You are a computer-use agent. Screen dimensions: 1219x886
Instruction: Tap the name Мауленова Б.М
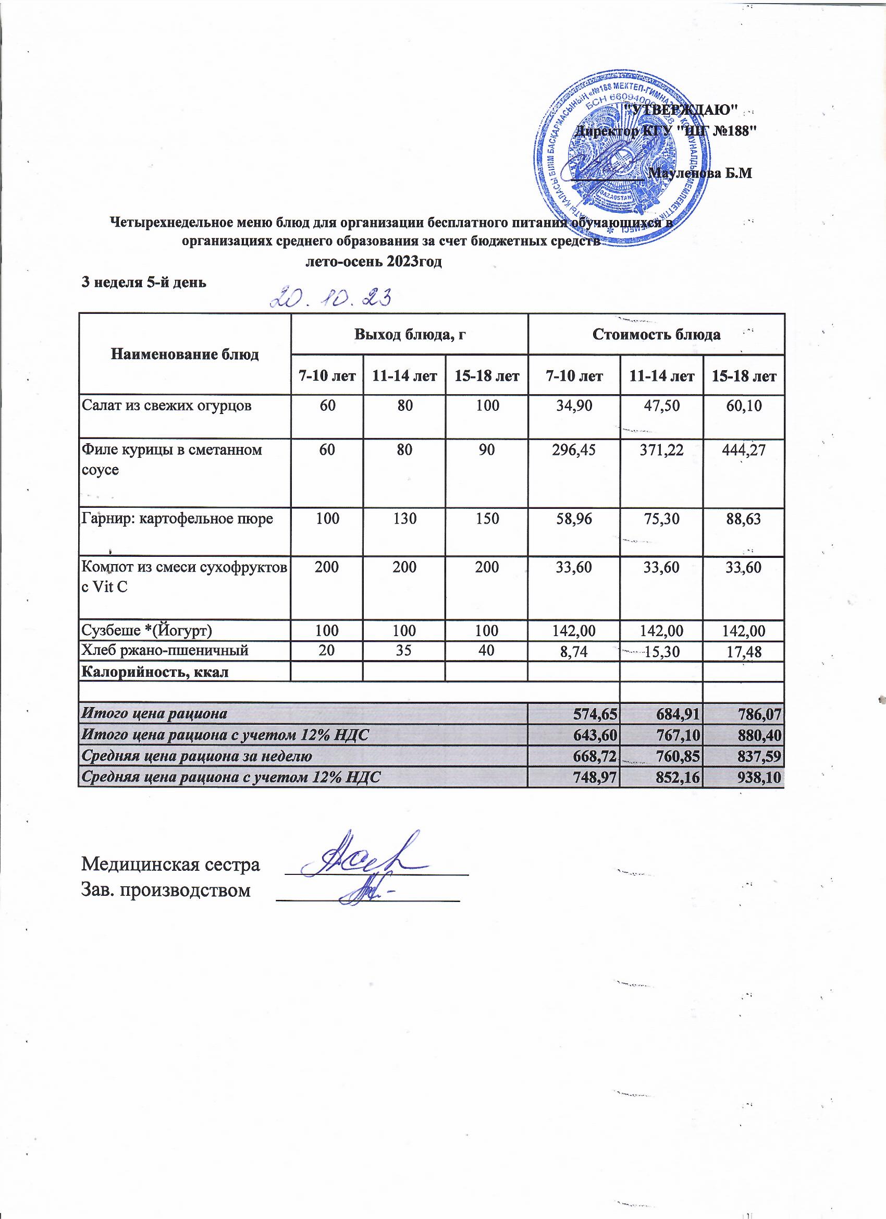tap(700, 174)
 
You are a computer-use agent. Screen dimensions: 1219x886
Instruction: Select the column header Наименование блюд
tap(185, 354)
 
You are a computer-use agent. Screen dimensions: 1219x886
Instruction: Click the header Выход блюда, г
tap(409, 334)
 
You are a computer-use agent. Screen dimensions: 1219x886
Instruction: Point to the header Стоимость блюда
tap(656, 334)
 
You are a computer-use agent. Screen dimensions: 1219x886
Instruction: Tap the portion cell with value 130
tap(404, 519)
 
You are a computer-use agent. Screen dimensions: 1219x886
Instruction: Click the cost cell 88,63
tap(743, 519)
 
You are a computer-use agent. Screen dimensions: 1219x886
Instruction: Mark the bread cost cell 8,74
tap(573, 652)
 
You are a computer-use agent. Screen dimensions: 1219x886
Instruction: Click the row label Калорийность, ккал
tap(155, 672)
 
